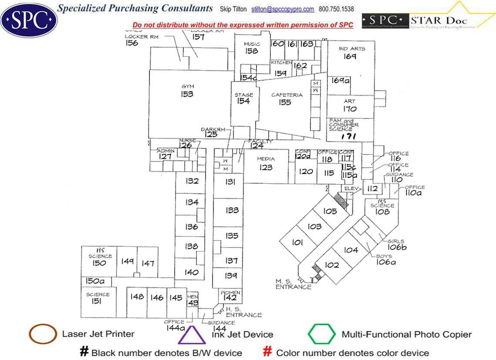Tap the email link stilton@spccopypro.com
tap(282, 9)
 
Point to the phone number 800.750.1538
tap(336, 9)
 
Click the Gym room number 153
tap(187, 94)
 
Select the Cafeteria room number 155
tap(285, 102)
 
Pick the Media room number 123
tap(265, 167)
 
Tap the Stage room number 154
tap(243, 101)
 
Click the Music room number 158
tap(251, 51)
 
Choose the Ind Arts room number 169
tap(349, 56)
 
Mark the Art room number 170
tap(349, 109)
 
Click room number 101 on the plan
tap(298, 242)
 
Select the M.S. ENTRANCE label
tap(294, 284)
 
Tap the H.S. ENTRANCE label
tap(243, 312)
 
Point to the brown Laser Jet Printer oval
tap(43, 334)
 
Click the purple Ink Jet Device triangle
tap(191, 335)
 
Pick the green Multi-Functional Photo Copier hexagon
tap(322, 334)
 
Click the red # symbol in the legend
tap(268, 352)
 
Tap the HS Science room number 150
tap(99, 263)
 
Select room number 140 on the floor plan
tap(191, 273)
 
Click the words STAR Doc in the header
tap(439, 20)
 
